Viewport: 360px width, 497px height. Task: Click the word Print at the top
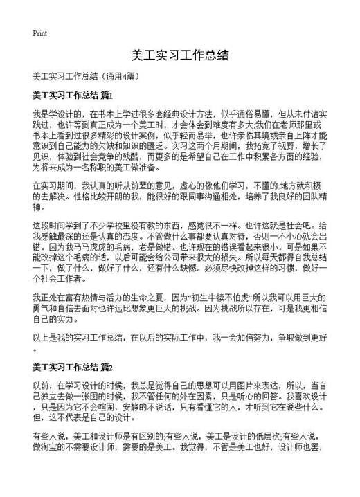pos(39,33)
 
